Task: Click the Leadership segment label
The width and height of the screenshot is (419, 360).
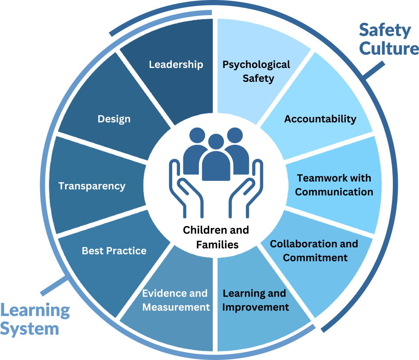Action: click(176, 65)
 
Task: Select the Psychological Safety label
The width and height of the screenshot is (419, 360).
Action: click(257, 71)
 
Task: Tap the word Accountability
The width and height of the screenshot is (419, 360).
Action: click(320, 119)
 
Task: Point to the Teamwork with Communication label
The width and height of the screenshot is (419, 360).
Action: click(334, 185)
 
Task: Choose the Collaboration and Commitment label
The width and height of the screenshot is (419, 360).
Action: click(314, 251)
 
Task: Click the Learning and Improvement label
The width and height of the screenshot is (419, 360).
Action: click(255, 300)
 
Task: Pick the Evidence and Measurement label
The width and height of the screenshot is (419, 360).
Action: click(176, 300)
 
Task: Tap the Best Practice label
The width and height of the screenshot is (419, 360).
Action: click(114, 251)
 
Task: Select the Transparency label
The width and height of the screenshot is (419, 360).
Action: click(92, 186)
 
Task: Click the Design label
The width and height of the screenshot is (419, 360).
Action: click(114, 119)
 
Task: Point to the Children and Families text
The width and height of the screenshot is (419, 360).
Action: click(216, 237)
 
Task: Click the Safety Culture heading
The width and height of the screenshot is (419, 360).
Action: click(387, 39)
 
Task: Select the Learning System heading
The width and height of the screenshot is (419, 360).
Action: click(35, 319)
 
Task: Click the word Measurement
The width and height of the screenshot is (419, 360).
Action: click(176, 307)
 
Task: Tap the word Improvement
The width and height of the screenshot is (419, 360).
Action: click(255, 307)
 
